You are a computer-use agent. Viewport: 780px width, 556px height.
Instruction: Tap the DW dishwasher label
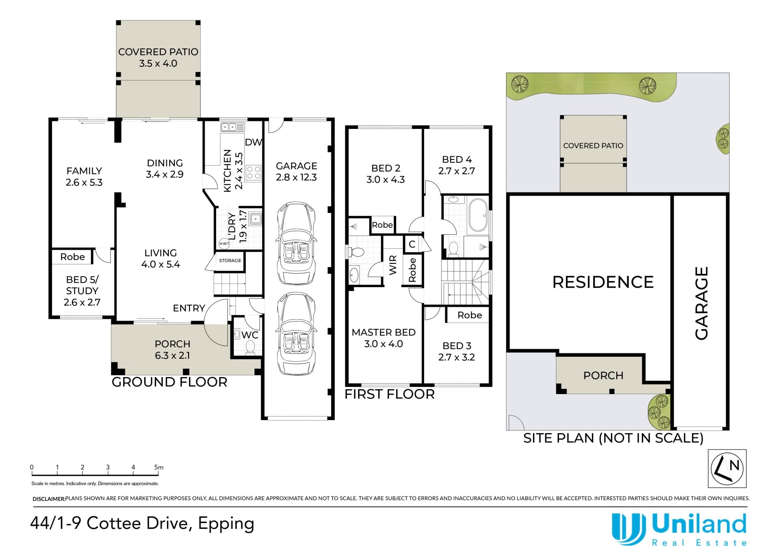tap(253, 142)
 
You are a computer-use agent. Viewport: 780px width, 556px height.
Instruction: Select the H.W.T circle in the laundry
tap(224, 244)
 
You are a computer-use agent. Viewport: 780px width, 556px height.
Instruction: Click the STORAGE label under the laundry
tap(230, 260)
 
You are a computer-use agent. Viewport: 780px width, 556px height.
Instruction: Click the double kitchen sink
tap(233, 127)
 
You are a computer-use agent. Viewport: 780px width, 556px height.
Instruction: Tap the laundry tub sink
tap(255, 219)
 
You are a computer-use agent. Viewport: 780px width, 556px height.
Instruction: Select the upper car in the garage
tap(296, 243)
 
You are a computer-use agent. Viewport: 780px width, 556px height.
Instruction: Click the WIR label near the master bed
tap(393, 265)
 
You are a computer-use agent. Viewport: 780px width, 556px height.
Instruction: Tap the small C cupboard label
tap(412, 244)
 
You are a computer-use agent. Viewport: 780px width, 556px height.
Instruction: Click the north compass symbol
tap(727, 468)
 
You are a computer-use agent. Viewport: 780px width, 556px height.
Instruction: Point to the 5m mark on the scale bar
tap(158, 468)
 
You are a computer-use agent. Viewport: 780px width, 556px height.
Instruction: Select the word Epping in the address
tap(226, 524)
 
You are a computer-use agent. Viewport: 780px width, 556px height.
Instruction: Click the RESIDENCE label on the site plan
tap(603, 282)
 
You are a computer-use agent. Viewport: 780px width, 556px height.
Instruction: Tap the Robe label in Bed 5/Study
tap(73, 257)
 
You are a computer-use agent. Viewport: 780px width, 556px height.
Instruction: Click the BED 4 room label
tap(457, 159)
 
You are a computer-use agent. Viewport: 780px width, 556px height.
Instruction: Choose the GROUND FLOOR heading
tap(169, 382)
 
